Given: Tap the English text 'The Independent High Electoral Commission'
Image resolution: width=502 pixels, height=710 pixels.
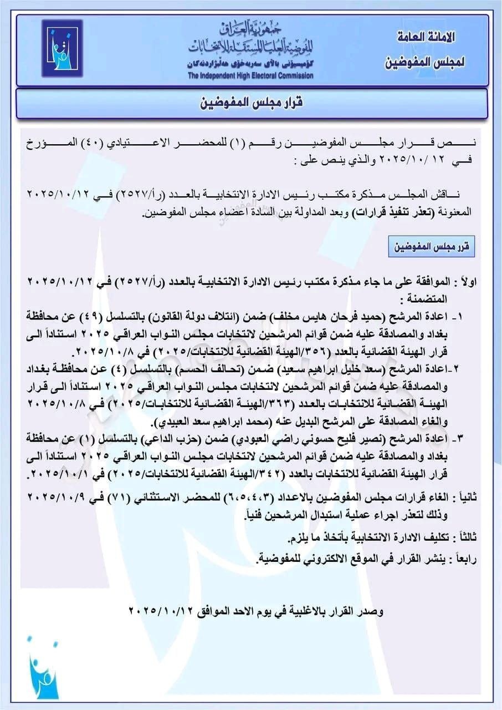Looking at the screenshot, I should [x=250, y=75].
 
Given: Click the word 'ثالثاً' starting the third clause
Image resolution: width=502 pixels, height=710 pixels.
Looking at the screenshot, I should [x=465, y=538].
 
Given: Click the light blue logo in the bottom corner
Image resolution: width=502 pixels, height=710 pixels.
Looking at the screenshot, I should [x=43, y=666].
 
